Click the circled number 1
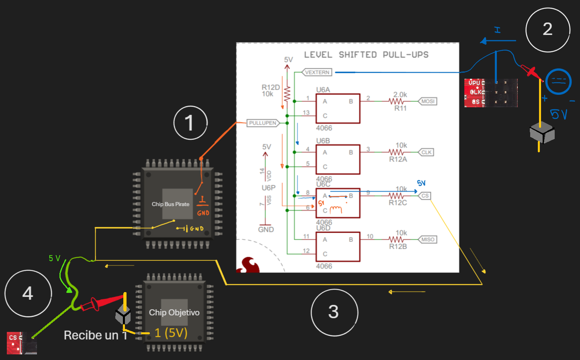(190, 123)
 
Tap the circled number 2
(547, 29)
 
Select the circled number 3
(334, 312)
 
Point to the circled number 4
(28, 293)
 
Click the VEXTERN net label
(317, 72)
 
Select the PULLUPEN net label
(263, 123)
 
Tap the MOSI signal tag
(428, 101)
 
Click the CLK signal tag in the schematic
(427, 152)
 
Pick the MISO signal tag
(428, 239)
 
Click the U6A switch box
(337, 108)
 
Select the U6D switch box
(337, 247)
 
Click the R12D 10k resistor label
(270, 90)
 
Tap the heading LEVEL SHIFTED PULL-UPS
(366, 55)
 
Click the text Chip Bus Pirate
(170, 204)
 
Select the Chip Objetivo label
(174, 313)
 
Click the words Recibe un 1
(96, 335)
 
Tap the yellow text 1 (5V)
(171, 333)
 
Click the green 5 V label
(55, 258)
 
